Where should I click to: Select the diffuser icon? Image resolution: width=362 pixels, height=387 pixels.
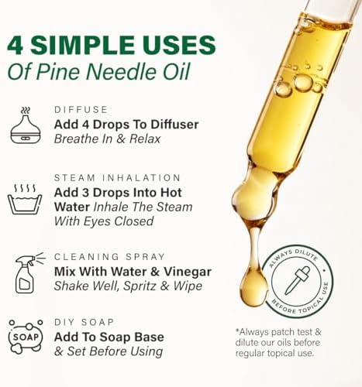25,125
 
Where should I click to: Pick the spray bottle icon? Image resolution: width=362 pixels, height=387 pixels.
25,271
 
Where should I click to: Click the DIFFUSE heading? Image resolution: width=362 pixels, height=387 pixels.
80,110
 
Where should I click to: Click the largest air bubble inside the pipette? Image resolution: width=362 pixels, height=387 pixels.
303,81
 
